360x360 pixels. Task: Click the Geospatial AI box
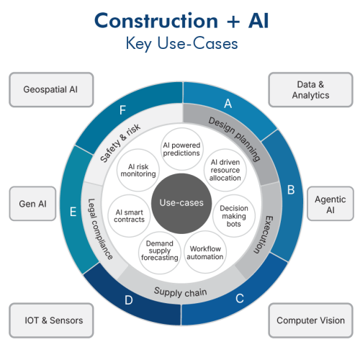pyautogui.click(x=51, y=89)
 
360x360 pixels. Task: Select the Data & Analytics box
pyautogui.click(x=310, y=89)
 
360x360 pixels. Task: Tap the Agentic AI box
pyautogui.click(x=330, y=204)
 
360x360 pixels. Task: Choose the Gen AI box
pyautogui.click(x=32, y=204)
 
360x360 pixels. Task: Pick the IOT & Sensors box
pyautogui.click(x=51, y=320)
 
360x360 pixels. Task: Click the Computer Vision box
pyautogui.click(x=310, y=320)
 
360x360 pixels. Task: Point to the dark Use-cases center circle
pyautogui.click(x=181, y=203)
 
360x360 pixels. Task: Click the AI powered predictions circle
pyautogui.click(x=181, y=149)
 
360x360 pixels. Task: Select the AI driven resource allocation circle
pyautogui.click(x=225, y=170)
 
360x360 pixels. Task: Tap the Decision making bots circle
pyautogui.click(x=234, y=216)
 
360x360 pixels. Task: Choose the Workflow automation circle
pyautogui.click(x=205, y=252)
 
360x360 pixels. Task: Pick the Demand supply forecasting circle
pyautogui.click(x=160, y=253)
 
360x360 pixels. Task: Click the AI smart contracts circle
pyautogui.click(x=129, y=216)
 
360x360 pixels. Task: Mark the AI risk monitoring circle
pyautogui.click(x=138, y=170)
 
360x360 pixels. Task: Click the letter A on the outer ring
pyautogui.click(x=228, y=104)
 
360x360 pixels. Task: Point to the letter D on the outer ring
pyautogui.click(x=129, y=300)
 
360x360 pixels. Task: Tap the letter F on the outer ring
pyautogui.click(x=122, y=110)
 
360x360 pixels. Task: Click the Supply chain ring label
pyautogui.click(x=180, y=292)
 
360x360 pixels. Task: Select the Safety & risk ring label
pyautogui.click(x=120, y=143)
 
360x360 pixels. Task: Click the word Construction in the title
pyautogui.click(x=156, y=21)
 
